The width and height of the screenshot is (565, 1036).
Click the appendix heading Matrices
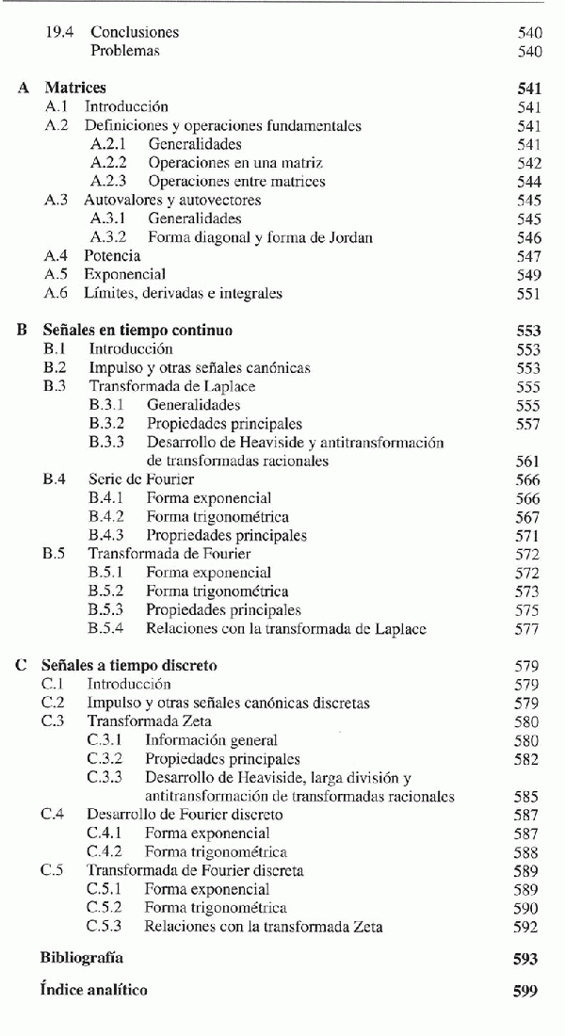click(75, 89)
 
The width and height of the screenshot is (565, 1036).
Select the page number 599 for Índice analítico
click(526, 990)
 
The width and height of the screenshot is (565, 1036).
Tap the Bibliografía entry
click(82, 959)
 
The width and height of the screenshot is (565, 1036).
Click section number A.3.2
click(108, 237)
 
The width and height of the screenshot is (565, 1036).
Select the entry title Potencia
click(112, 256)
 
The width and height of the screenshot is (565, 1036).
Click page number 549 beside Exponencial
click(528, 275)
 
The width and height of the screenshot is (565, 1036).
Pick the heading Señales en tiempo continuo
click(137, 331)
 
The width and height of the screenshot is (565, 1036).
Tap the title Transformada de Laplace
click(172, 386)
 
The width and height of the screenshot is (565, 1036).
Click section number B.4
click(54, 479)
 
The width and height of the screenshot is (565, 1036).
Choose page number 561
click(528, 461)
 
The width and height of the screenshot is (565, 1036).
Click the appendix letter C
click(20, 666)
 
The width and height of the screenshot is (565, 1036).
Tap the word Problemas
click(125, 51)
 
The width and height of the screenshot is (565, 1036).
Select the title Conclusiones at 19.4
click(135, 32)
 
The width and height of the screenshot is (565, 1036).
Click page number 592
click(527, 927)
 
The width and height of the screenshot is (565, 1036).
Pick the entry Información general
click(211, 740)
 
